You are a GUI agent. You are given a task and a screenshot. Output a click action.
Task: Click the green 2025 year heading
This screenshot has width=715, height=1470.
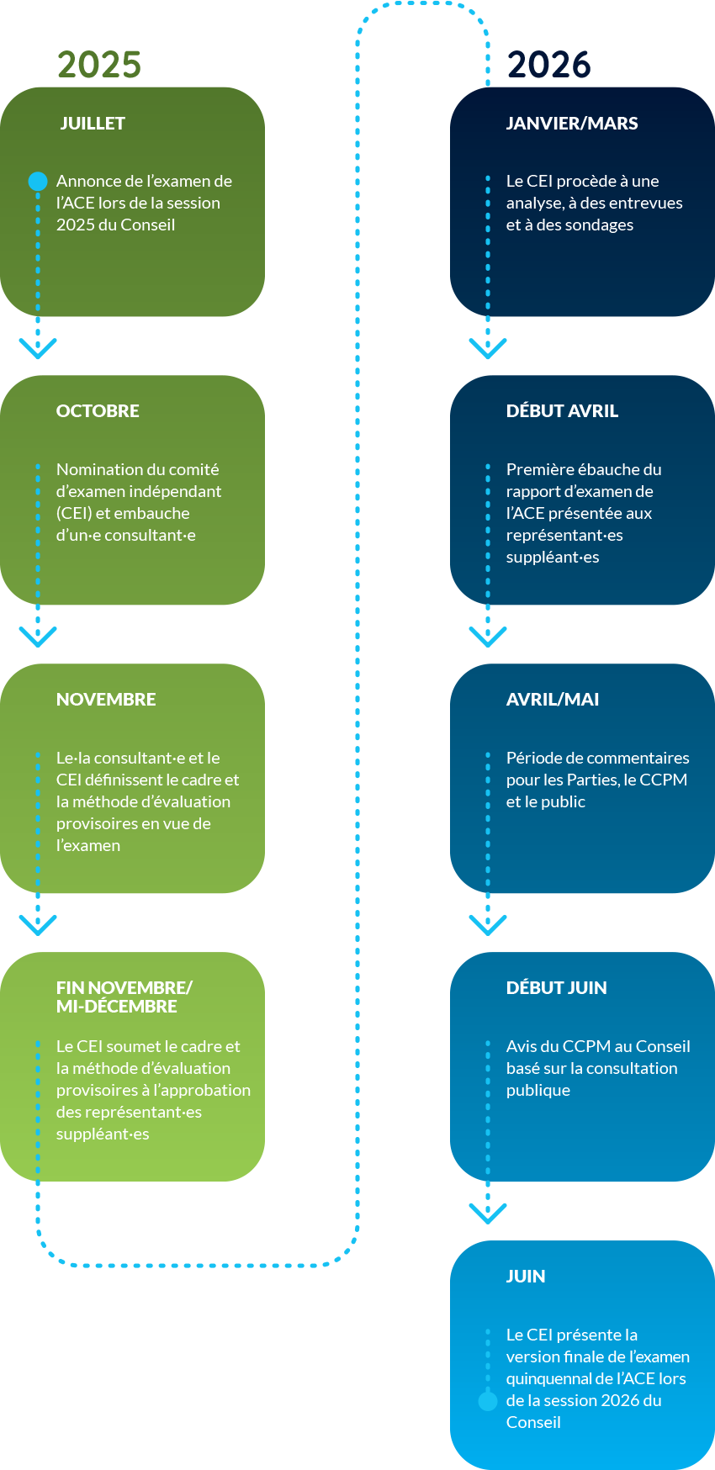(x=99, y=65)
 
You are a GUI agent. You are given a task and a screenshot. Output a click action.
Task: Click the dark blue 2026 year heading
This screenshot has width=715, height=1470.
(x=548, y=65)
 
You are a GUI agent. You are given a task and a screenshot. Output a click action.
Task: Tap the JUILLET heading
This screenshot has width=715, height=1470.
(x=93, y=124)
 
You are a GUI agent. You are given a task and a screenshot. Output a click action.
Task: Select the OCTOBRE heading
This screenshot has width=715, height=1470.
(x=98, y=411)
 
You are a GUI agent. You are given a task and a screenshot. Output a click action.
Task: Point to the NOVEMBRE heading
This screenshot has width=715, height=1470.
(x=106, y=700)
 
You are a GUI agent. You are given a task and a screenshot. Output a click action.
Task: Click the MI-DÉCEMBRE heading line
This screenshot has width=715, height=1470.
(x=117, y=1007)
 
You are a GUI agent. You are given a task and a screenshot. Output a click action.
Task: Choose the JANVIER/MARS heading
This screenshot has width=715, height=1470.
(x=572, y=124)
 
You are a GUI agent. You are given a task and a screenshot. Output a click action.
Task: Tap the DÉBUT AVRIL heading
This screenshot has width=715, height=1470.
(x=562, y=411)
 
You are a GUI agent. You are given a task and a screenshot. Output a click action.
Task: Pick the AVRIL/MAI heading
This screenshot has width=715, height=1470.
(x=553, y=700)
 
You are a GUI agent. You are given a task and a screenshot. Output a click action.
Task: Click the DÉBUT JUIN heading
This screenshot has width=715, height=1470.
(x=556, y=988)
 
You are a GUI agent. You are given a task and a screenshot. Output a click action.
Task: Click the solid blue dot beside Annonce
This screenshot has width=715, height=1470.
(x=38, y=181)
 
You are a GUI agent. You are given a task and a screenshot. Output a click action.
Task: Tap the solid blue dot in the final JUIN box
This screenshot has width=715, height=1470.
(x=488, y=1401)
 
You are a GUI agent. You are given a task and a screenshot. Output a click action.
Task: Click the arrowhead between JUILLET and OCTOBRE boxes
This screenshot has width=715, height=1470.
(x=38, y=348)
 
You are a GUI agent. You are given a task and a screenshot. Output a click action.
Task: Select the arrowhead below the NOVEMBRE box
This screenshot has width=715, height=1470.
(x=38, y=924)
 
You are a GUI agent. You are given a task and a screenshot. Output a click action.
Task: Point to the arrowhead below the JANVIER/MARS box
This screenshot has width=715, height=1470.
(x=488, y=348)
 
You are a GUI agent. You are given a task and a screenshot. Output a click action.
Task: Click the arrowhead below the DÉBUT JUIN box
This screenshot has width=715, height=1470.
(x=488, y=1213)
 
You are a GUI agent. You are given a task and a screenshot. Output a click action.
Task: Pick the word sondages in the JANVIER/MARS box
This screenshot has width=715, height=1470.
(x=600, y=225)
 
